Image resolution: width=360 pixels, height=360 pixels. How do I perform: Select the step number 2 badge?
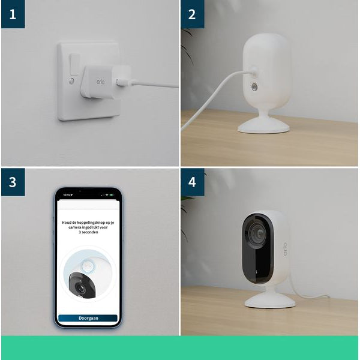pyautogui.click(x=192, y=14)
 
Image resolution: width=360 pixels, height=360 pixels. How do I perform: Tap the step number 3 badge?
pyautogui.click(x=13, y=181)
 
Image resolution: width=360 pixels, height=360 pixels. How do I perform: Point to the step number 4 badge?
pyautogui.click(x=192, y=181)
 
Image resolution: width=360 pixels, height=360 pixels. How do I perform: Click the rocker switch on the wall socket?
pyautogui.click(x=74, y=63)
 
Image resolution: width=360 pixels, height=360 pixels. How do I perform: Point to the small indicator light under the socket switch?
pyautogui.click(x=72, y=80)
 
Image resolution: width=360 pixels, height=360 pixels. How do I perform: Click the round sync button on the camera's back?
pyautogui.click(x=254, y=87)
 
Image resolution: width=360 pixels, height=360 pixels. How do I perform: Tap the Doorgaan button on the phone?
pyautogui.click(x=88, y=318)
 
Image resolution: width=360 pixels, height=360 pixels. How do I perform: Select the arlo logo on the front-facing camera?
pyautogui.click(x=285, y=248)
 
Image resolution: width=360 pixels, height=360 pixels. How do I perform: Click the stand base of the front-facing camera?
pyautogui.click(x=269, y=300)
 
